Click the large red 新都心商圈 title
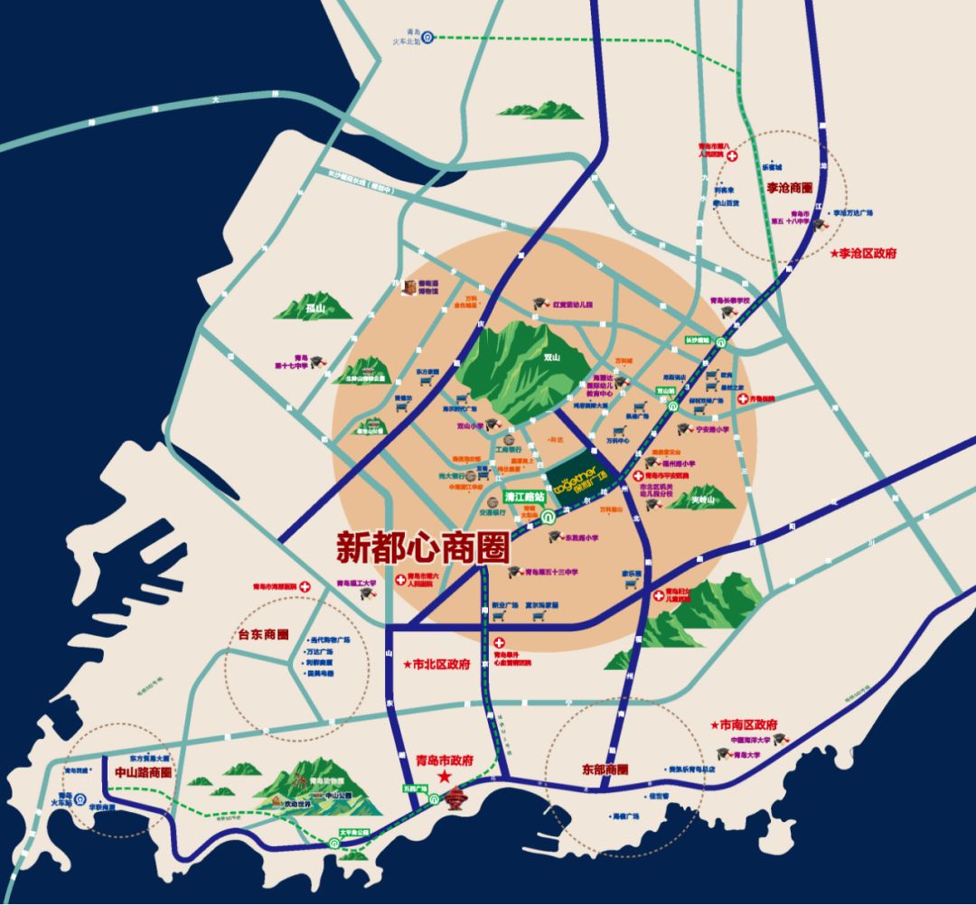coord(423,546)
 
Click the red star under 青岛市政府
coord(445,777)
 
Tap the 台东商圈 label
coord(263,633)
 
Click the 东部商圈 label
coord(605,770)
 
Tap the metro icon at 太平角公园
coord(335,843)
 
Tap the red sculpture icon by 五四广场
coord(459,801)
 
